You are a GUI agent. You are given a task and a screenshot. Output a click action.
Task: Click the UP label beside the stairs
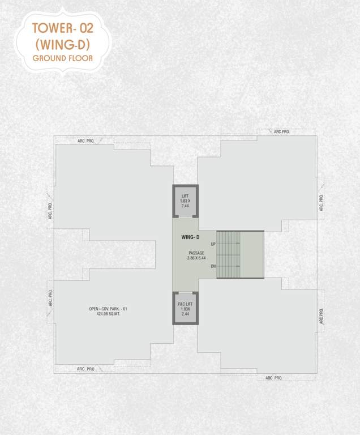(x=213, y=244)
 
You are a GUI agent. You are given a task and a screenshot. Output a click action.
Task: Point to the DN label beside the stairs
(x=213, y=266)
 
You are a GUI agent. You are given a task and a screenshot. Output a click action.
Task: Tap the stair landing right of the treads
(x=252, y=255)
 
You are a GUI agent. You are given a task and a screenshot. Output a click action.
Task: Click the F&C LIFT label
(x=185, y=304)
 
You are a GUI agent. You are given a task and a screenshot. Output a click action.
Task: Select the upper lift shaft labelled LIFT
(x=185, y=201)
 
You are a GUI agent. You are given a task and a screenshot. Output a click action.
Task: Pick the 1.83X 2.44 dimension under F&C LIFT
(x=185, y=312)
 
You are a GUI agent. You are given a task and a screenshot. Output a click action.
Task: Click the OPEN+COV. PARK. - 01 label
(x=108, y=309)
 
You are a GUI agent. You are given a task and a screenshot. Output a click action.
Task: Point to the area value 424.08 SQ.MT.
(x=108, y=314)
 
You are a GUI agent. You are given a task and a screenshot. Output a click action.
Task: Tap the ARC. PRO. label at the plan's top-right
(x=281, y=131)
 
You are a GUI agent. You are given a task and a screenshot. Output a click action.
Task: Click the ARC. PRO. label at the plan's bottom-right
(x=275, y=378)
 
